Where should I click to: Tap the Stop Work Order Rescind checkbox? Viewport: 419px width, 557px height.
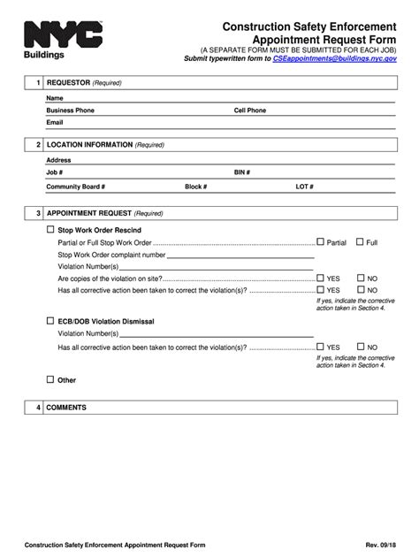(x=50, y=230)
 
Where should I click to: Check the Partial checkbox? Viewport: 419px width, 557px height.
(x=321, y=241)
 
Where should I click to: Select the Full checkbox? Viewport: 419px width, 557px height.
(x=360, y=241)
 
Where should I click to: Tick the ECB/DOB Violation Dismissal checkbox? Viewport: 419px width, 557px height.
(x=50, y=321)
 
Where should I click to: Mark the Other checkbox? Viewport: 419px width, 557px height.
(x=50, y=379)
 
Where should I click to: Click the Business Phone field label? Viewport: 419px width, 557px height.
(x=70, y=111)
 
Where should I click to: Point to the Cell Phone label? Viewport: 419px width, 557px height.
(x=249, y=111)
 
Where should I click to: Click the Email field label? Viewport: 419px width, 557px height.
(x=55, y=123)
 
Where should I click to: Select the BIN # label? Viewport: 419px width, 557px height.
(x=242, y=173)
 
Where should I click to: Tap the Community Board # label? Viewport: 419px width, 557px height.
(x=76, y=187)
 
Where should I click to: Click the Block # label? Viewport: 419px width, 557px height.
(x=195, y=187)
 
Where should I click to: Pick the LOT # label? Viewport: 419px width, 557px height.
(x=305, y=187)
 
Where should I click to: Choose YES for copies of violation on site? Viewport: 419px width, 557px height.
(x=321, y=278)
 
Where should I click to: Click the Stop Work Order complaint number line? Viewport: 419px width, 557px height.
(x=239, y=256)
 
